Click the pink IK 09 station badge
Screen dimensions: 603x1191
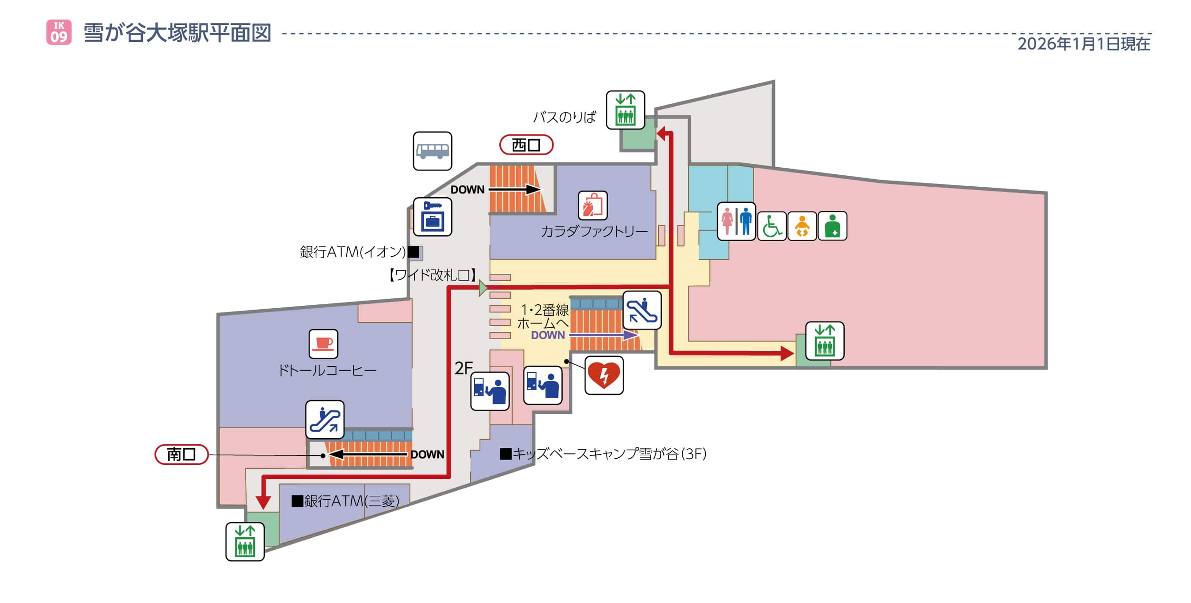pos(59,32)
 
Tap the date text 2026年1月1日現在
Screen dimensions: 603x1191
pos(1083,44)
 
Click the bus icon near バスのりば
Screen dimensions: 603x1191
pos(432,151)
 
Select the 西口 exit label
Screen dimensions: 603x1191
pos(526,145)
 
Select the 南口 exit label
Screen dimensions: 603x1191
pos(182,454)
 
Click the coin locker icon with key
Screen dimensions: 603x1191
pos(432,217)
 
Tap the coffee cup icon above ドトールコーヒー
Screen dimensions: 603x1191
pos(323,343)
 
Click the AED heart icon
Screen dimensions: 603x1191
pos(604,375)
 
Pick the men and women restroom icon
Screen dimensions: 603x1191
pos(736,221)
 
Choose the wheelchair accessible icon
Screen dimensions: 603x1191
pos(771,226)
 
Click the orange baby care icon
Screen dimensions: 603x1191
pos(802,226)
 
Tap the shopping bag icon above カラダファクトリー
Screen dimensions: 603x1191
pos(593,206)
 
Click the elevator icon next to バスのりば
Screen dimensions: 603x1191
pos(625,110)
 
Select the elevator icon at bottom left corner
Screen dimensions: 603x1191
pos(245,542)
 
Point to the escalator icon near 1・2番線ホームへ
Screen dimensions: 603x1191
pos(642,310)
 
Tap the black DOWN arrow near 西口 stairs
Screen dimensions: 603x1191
pos(515,190)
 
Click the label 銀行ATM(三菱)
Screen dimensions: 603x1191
pos(346,501)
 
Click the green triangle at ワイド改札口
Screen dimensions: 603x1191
pos(483,288)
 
